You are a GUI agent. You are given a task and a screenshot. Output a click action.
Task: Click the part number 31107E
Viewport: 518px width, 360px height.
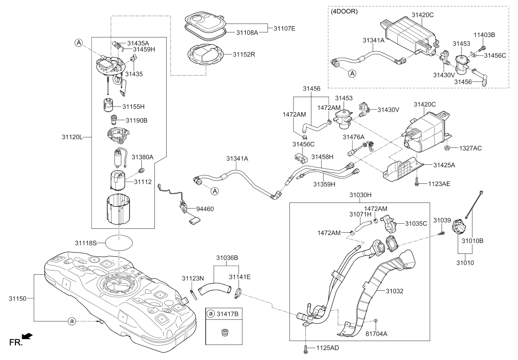(285, 28)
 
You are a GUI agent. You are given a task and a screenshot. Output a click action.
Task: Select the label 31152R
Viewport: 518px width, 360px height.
(244, 54)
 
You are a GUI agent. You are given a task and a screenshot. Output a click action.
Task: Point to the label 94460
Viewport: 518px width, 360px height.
(205, 209)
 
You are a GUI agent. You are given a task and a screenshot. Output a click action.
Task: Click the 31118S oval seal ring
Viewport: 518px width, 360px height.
(119, 243)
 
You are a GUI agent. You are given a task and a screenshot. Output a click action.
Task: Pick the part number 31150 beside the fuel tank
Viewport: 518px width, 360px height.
(17, 298)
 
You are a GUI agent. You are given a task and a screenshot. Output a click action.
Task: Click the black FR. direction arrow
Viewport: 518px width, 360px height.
(27, 337)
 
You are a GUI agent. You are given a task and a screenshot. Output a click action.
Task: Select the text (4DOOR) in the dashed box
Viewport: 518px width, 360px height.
(344, 12)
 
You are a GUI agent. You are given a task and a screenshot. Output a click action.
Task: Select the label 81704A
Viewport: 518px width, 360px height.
(376, 334)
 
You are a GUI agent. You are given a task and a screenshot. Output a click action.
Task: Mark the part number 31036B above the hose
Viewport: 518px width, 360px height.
(227, 257)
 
